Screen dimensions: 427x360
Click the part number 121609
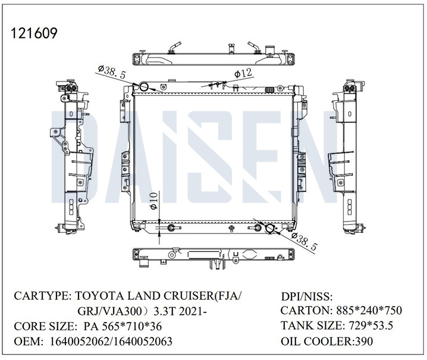click(x=34, y=33)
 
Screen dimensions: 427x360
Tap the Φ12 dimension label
click(x=243, y=74)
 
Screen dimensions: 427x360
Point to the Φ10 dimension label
click(x=153, y=201)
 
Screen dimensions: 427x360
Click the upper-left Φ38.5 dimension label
click(x=112, y=71)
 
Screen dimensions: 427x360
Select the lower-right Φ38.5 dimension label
click(x=304, y=242)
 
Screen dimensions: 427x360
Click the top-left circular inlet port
click(x=143, y=87)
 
